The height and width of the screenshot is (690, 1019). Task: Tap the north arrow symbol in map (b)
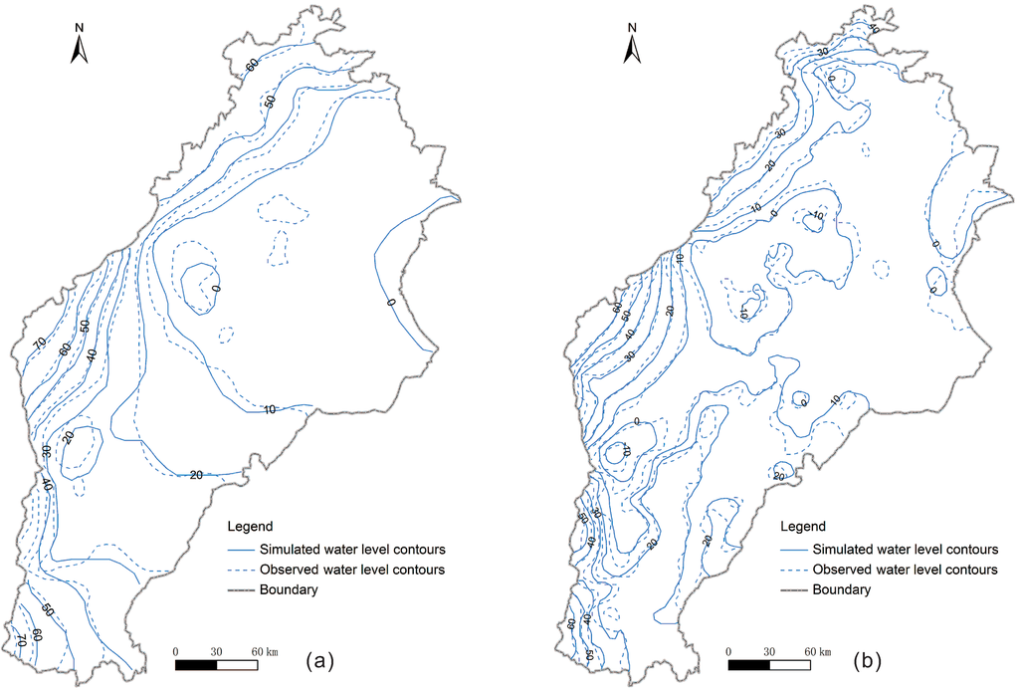click(633, 49)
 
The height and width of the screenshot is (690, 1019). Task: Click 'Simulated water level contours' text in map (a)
click(351, 549)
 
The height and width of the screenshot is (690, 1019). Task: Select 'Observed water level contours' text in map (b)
click(905, 570)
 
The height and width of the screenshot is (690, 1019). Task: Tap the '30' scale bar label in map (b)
click(769, 651)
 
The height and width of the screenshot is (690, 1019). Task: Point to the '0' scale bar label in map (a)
click(176, 651)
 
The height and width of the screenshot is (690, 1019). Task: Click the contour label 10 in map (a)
click(270, 410)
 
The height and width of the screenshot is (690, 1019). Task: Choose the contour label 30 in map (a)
click(46, 453)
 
